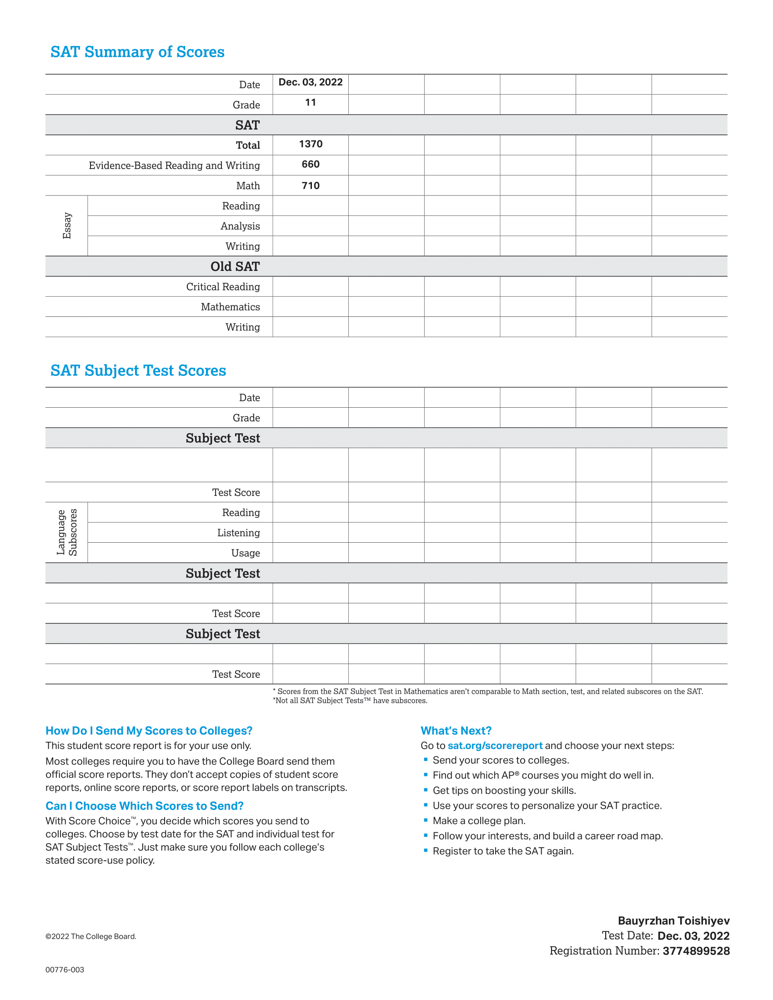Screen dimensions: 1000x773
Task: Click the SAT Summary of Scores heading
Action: (137, 52)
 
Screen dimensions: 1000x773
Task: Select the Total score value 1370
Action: (311, 144)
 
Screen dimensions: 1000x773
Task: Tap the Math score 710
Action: (311, 185)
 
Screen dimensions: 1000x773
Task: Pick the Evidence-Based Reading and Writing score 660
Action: (311, 165)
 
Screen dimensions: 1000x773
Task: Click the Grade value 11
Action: (311, 103)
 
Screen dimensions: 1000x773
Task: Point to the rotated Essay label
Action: (67, 225)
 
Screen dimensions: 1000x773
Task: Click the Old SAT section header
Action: (235, 266)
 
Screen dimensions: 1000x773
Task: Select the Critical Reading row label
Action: (223, 287)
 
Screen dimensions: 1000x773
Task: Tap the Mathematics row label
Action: (231, 307)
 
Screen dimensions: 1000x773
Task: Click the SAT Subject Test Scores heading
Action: (138, 370)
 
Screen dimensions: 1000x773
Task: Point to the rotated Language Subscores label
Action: (67, 532)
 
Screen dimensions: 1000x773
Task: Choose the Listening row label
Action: (239, 533)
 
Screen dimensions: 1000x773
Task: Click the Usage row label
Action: (246, 553)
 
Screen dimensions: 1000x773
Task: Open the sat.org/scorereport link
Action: (495, 745)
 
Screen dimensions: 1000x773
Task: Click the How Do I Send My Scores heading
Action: (149, 731)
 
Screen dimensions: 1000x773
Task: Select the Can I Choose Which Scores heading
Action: (144, 806)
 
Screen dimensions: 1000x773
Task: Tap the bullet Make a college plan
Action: (479, 820)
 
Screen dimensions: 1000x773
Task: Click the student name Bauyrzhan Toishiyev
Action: (673, 921)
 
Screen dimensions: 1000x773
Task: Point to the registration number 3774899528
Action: (696, 951)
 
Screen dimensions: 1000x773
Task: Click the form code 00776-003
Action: (65, 970)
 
